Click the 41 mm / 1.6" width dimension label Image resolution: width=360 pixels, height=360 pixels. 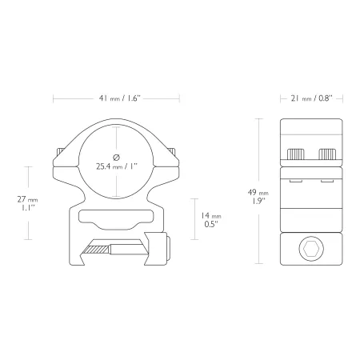(120, 98)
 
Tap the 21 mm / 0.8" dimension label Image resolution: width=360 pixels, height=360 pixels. (311, 98)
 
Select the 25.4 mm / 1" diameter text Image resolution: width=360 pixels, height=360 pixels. (117, 166)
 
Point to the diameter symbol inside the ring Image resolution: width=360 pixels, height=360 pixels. (116, 158)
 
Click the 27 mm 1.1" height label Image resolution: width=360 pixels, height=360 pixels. (27, 203)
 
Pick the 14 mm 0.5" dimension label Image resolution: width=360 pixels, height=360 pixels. (211, 219)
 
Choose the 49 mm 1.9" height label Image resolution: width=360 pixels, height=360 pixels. (258, 197)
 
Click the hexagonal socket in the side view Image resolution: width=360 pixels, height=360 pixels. (311, 249)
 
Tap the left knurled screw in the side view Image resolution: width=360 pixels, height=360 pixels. (295, 154)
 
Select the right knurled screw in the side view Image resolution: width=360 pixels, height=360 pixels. (327, 154)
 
